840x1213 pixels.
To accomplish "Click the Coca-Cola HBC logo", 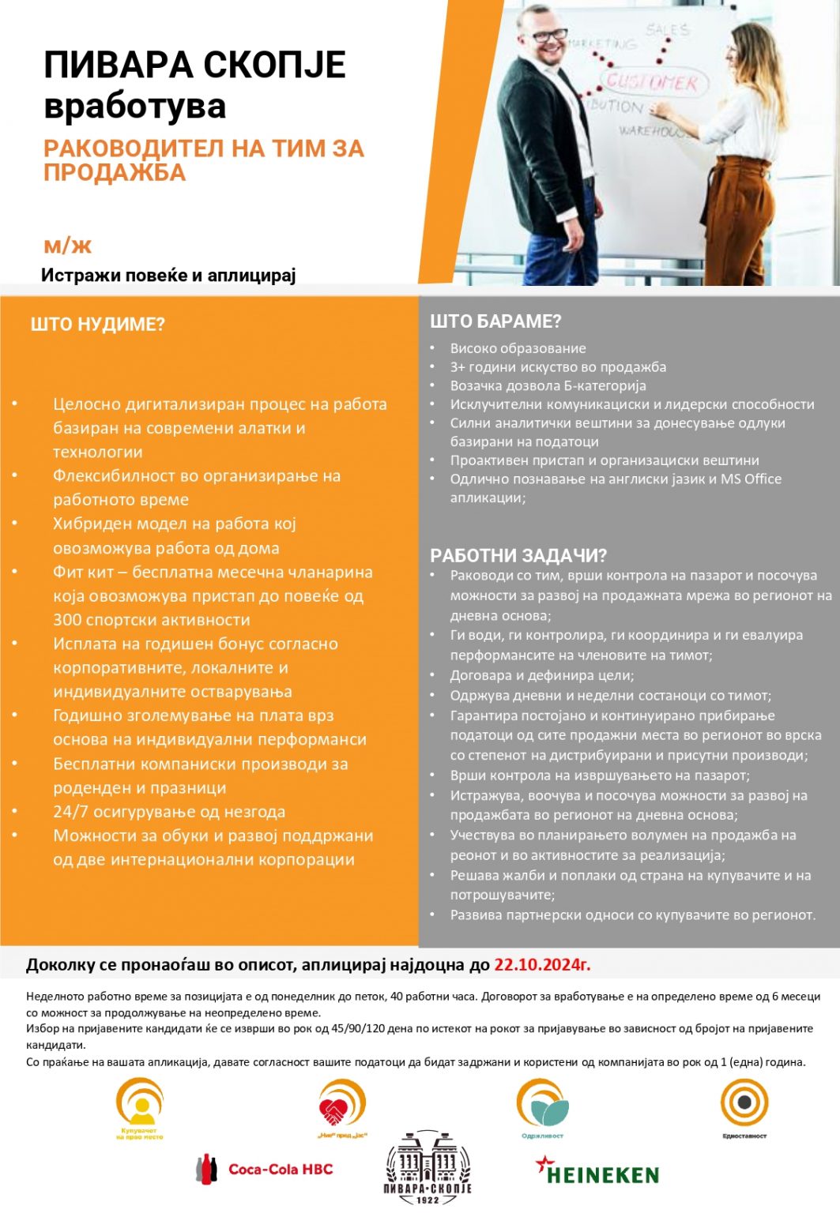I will tap(265, 1169).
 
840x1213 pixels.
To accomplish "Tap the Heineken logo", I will tap(597, 1172).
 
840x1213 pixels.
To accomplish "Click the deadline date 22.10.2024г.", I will tap(542, 964).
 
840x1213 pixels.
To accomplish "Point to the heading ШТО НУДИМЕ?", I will tap(97, 325).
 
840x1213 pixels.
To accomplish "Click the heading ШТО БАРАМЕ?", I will tap(495, 321).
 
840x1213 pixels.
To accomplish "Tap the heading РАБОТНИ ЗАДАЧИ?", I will tap(518, 555).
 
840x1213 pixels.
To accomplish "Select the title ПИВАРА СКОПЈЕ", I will tap(194, 65).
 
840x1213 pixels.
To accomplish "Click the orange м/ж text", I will tap(68, 246).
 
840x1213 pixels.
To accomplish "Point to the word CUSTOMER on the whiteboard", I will tap(653, 82).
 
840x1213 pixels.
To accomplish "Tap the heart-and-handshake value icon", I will tap(341, 1106).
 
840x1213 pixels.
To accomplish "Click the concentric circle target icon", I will tap(744, 1102).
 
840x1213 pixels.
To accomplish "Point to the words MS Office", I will tap(751, 479).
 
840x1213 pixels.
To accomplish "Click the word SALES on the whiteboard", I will tap(668, 30).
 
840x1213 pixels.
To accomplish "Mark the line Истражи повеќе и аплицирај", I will tap(168, 275).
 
